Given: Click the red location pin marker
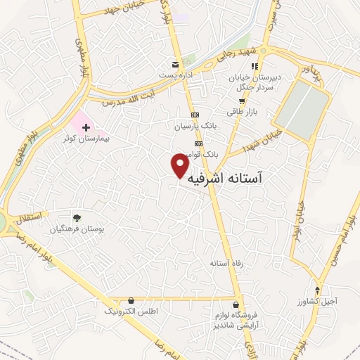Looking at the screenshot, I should click(x=181, y=166).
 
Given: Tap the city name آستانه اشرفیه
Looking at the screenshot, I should click(x=226, y=179).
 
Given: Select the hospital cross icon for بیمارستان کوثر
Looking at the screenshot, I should click(x=86, y=128).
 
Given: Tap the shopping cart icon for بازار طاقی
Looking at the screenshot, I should click(x=241, y=101).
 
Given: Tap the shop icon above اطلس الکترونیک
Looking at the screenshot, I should click(x=131, y=300).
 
